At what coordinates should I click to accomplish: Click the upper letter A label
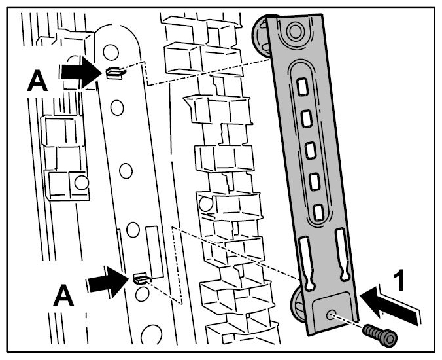pyautogui.click(x=37, y=81)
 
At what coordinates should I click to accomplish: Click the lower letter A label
pyautogui.click(x=63, y=295)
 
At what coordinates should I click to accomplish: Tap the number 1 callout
pyautogui.click(x=399, y=280)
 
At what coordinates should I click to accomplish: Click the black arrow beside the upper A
pyautogui.click(x=81, y=72)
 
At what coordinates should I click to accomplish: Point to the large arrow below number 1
pyautogui.click(x=390, y=306)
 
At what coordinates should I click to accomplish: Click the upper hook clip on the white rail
pyautogui.click(x=115, y=73)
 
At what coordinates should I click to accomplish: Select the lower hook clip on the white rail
pyautogui.click(x=143, y=278)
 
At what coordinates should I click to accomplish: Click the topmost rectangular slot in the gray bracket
pyautogui.click(x=302, y=86)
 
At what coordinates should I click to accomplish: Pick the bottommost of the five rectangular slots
pyautogui.click(x=318, y=212)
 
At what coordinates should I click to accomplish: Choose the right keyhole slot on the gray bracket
pyautogui.click(x=343, y=254)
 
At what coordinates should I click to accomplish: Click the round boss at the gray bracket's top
pyautogui.click(x=295, y=31)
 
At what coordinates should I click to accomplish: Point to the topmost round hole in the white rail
pyautogui.click(x=110, y=52)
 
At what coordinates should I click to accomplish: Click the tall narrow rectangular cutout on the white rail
pyautogui.click(x=154, y=252)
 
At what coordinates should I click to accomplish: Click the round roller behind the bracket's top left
pyautogui.click(x=262, y=36)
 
